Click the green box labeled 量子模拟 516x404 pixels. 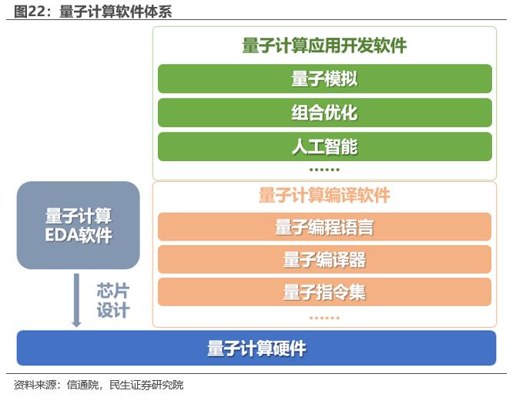click(x=325, y=79)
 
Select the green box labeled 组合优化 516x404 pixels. click(x=325, y=113)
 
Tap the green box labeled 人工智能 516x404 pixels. click(x=325, y=146)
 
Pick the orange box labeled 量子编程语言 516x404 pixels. click(x=324, y=227)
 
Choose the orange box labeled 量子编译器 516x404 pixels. click(x=324, y=259)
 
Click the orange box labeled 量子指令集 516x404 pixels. click(x=324, y=292)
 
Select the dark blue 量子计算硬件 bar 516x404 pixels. click(x=256, y=348)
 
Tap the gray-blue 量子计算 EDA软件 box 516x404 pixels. click(x=79, y=225)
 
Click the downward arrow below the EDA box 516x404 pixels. click(x=76, y=300)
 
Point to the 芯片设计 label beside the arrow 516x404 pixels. click(x=113, y=301)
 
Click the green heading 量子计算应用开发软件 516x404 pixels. click(x=324, y=45)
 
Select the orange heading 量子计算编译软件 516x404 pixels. click(x=324, y=195)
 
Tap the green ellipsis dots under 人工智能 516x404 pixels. click(x=324, y=170)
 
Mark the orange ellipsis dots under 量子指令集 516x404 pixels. click(x=324, y=318)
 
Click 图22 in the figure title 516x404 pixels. click(x=29, y=12)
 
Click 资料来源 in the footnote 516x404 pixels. click(x=35, y=385)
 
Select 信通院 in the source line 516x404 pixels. click(x=82, y=385)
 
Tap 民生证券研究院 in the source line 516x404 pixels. click(x=146, y=385)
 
